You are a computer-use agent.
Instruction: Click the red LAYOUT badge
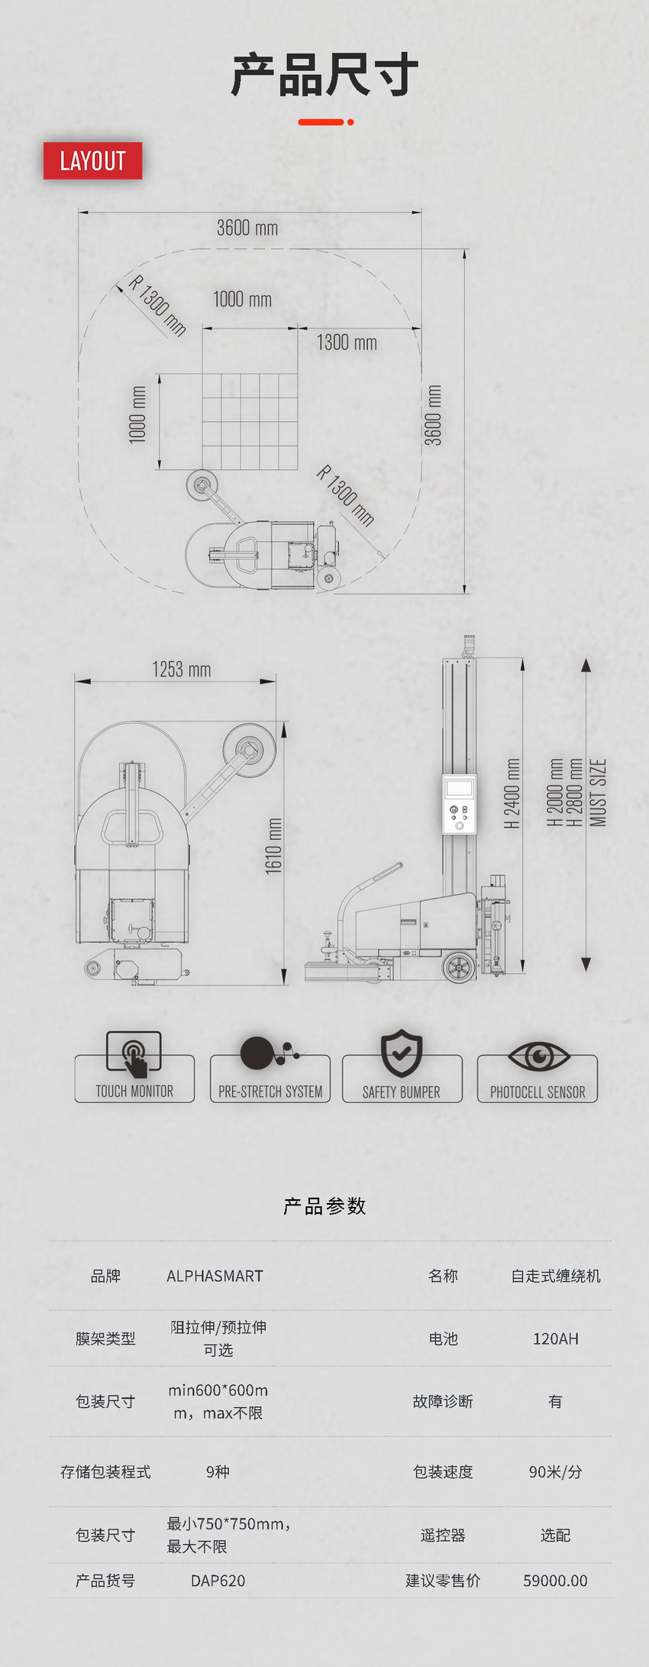click(92, 161)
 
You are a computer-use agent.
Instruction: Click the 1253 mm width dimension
click(182, 670)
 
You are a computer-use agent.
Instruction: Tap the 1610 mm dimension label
click(274, 845)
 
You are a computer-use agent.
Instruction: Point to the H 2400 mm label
click(512, 793)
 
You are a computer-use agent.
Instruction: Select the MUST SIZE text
click(598, 793)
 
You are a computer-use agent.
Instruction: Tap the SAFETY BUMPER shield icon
click(402, 1052)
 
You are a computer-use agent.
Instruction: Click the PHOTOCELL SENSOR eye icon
click(539, 1056)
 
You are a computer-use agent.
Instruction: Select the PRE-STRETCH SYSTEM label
click(270, 1091)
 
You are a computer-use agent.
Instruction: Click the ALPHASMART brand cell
click(215, 1276)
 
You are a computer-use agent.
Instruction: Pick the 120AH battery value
click(555, 1338)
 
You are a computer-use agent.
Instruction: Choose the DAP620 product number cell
click(218, 1581)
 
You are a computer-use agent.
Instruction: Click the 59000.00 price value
click(555, 1581)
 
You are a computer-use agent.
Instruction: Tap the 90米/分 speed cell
click(555, 1471)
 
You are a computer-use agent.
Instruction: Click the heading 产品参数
click(324, 1206)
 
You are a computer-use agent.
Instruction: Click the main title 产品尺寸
click(324, 75)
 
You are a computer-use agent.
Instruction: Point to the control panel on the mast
click(459, 804)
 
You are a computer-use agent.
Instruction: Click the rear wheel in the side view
click(459, 967)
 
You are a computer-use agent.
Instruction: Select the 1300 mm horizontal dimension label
click(347, 342)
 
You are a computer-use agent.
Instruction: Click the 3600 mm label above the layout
click(247, 228)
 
